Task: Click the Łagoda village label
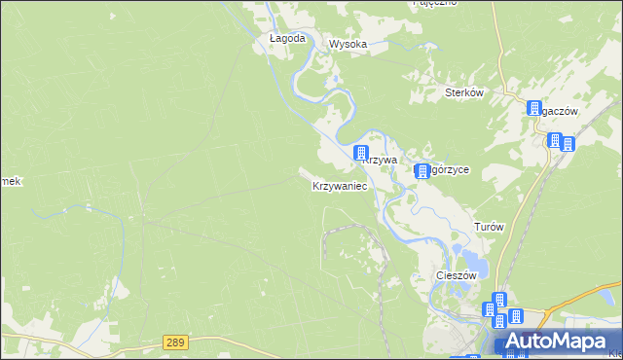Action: (x=287, y=39)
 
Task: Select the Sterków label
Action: (x=464, y=92)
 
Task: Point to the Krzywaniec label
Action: (x=340, y=185)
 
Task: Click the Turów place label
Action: (x=489, y=226)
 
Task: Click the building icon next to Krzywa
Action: (x=361, y=153)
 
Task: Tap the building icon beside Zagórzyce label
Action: (x=422, y=171)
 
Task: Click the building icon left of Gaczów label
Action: (x=534, y=109)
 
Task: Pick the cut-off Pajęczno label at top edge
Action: (x=435, y=3)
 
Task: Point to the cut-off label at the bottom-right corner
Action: (x=614, y=342)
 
